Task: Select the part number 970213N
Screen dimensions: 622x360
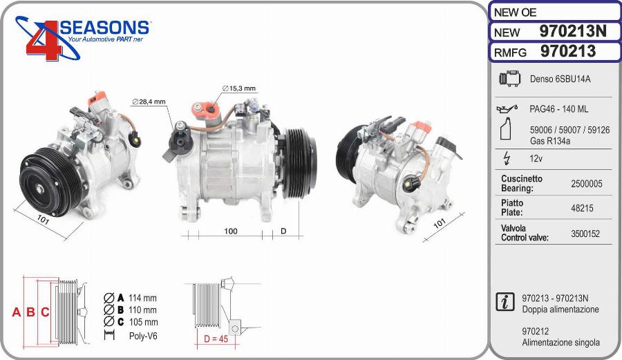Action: pyautogui.click(x=573, y=31)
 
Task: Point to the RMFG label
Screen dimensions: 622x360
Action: pyautogui.click(x=510, y=53)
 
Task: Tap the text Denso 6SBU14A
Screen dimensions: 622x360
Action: pyautogui.click(x=560, y=79)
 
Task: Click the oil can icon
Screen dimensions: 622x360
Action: pyautogui.click(x=507, y=108)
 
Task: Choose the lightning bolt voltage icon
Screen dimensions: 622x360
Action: pyautogui.click(x=507, y=158)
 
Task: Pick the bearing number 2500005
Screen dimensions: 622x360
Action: pyautogui.click(x=586, y=184)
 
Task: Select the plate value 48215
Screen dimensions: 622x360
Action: pyautogui.click(x=582, y=208)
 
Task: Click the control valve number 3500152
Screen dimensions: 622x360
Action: pyautogui.click(x=585, y=234)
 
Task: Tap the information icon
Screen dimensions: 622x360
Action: pyautogui.click(x=505, y=302)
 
